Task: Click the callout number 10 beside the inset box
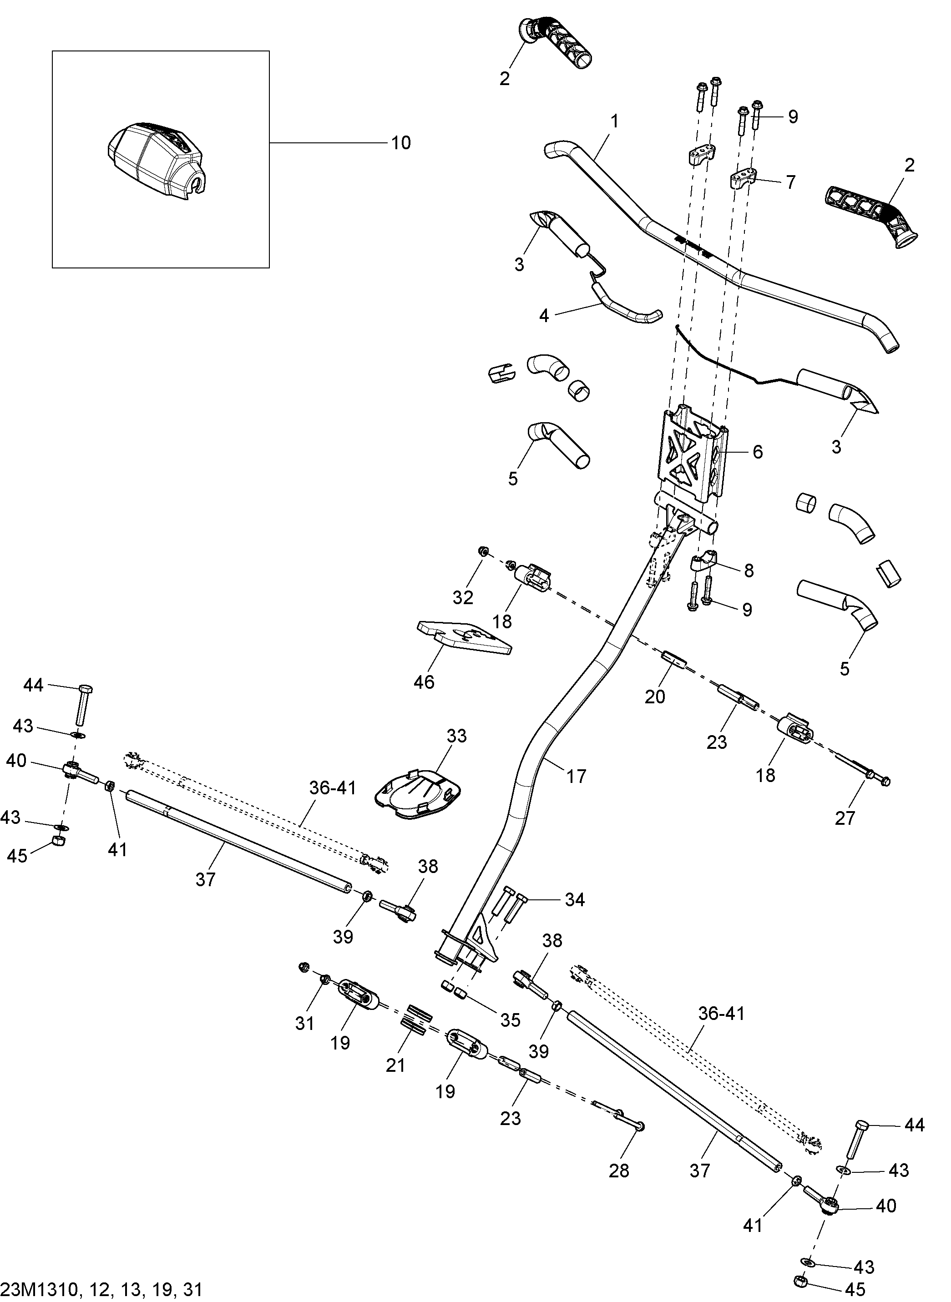[401, 143]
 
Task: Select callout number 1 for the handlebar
[615, 121]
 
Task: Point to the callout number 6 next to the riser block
[758, 452]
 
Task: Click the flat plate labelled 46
[464, 638]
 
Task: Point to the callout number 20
[655, 697]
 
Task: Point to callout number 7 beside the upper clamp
[790, 182]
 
